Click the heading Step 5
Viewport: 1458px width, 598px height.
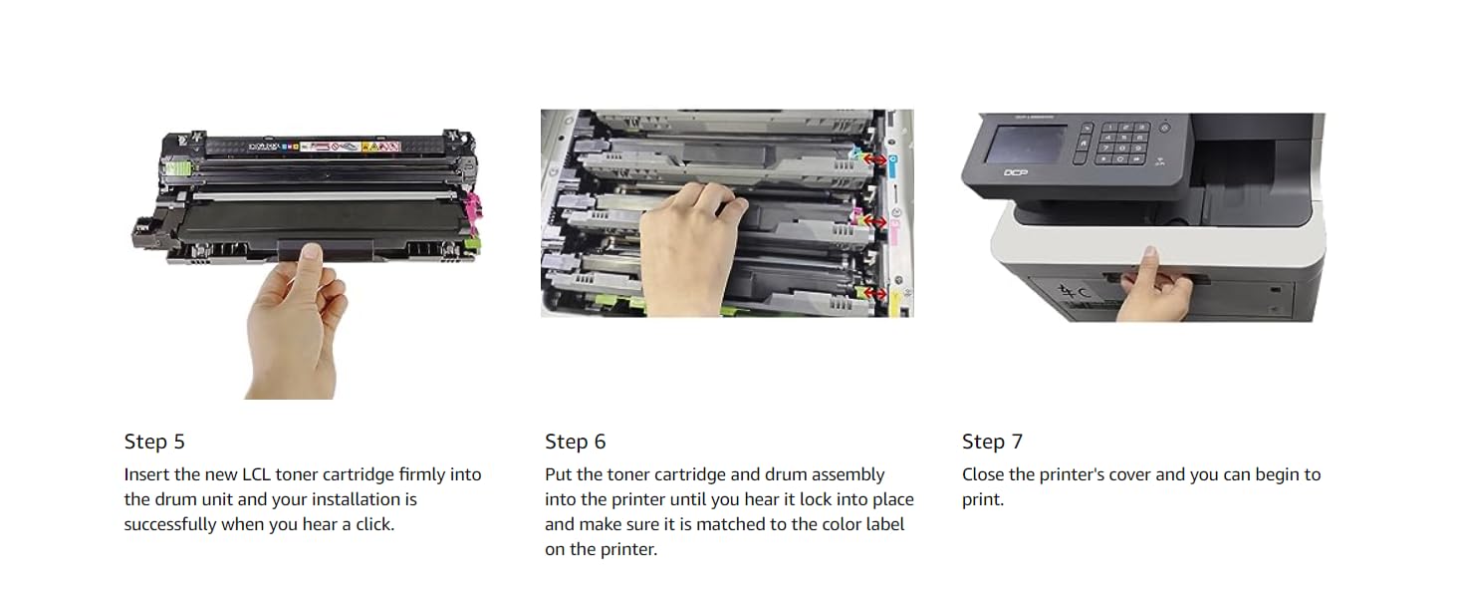click(154, 442)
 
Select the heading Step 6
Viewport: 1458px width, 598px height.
click(576, 442)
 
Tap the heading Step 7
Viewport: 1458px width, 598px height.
click(992, 442)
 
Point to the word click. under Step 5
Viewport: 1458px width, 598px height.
click(374, 524)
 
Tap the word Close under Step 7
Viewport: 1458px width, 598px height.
click(983, 474)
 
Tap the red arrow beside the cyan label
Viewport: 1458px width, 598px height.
click(874, 158)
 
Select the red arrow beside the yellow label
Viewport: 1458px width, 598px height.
click(874, 293)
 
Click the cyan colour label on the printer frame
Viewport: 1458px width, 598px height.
click(893, 166)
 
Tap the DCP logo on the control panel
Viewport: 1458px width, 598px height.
click(1016, 172)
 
